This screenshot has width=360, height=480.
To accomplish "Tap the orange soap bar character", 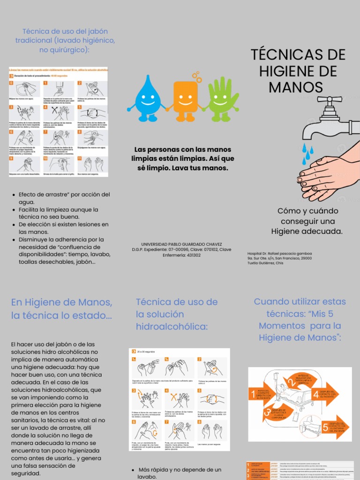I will [186, 97].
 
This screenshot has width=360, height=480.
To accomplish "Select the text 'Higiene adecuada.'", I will [307, 231].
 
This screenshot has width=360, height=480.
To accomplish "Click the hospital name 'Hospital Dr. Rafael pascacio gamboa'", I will [279, 254].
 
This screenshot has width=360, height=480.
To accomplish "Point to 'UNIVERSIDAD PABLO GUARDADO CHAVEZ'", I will [181, 244].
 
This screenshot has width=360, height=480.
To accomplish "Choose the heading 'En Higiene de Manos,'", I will [61, 302].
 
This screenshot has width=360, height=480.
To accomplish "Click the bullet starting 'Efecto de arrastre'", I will [64, 195].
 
